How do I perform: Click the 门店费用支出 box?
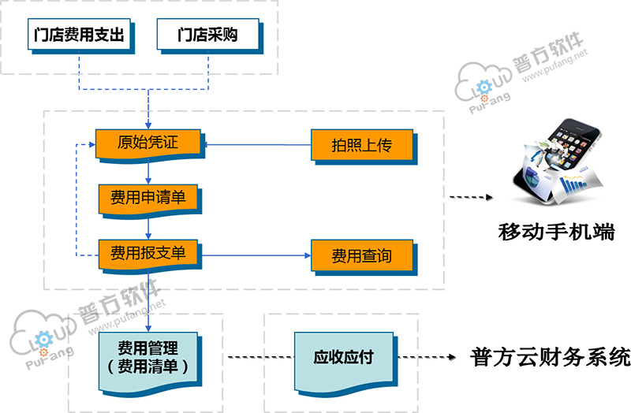click(x=80, y=35)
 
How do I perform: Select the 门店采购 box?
click(x=208, y=35)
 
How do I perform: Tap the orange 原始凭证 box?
click(x=148, y=144)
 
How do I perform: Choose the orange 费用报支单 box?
click(x=147, y=254)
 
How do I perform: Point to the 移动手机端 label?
click(x=557, y=233)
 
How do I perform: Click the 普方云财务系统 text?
click(x=551, y=356)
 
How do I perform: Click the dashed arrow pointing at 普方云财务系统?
click(x=429, y=357)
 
